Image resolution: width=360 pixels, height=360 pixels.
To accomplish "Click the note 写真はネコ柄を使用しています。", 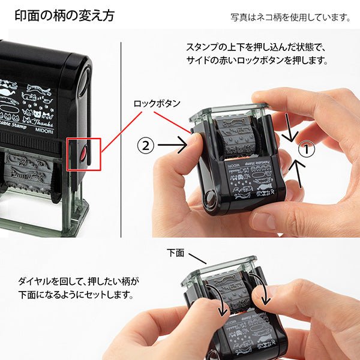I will coord(290,17).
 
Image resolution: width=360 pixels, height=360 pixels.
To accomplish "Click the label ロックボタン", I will coord(157,103).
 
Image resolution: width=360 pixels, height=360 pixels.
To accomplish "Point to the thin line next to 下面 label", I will coord(197,259).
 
